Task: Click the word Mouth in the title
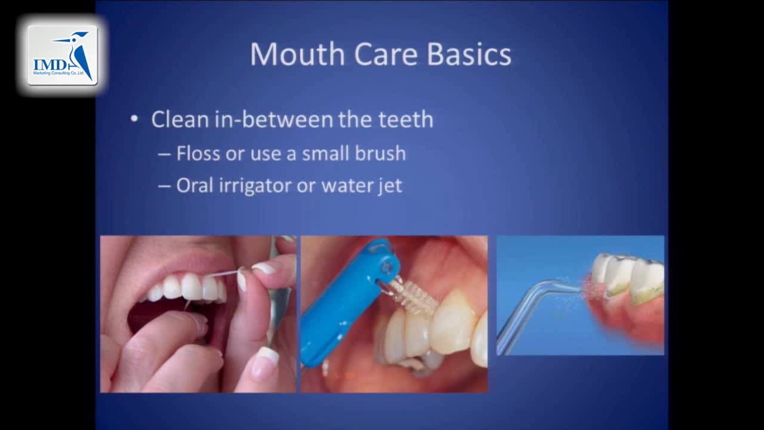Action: (297, 54)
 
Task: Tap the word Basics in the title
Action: (469, 54)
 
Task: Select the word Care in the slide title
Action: (386, 54)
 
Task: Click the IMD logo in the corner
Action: (63, 55)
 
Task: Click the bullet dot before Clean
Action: (134, 119)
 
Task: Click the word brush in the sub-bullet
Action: (380, 153)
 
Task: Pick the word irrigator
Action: (255, 186)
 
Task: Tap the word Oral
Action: (195, 185)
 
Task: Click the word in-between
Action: (273, 119)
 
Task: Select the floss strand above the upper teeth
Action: (223, 273)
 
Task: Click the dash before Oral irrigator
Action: (164, 186)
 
